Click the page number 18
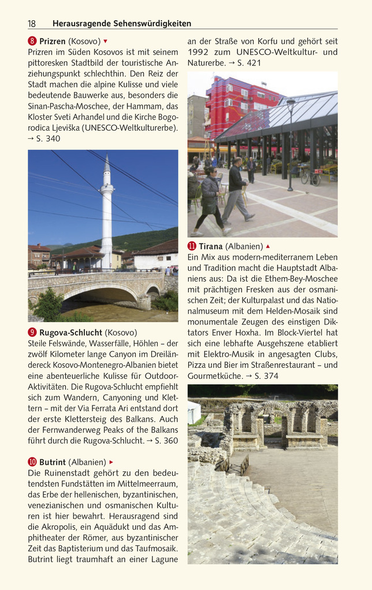point(32,24)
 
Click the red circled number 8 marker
point(32,42)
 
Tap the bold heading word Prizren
point(53,42)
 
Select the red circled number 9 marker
point(32,333)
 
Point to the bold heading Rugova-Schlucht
point(71,333)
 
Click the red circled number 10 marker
point(32,462)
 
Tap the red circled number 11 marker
point(192,246)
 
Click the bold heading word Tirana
point(211,246)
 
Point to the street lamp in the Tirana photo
point(291,139)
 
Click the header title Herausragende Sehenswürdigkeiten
point(121,24)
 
